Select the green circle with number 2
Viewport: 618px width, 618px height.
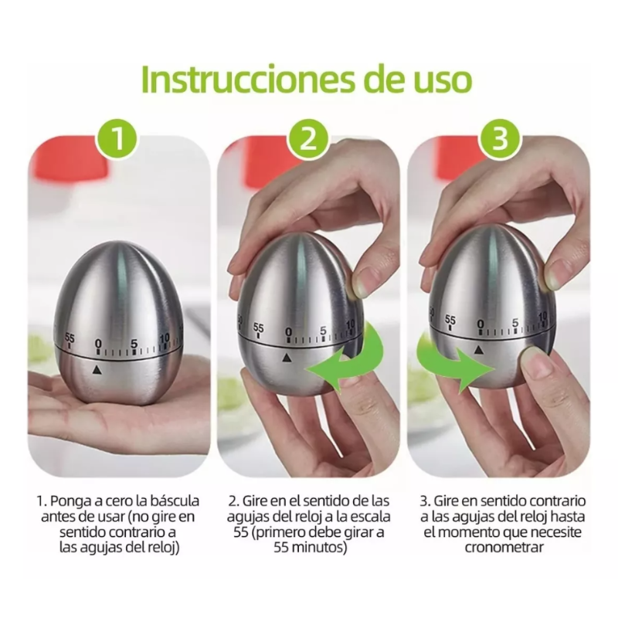coord(308,141)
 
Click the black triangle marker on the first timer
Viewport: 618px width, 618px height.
coord(97,371)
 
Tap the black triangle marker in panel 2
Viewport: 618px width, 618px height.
coord(287,358)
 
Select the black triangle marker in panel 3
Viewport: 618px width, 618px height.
coord(480,350)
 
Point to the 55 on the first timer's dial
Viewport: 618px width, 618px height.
coord(70,338)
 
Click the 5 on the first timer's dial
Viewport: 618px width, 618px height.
coord(134,344)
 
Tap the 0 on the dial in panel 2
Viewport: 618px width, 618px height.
coord(288,332)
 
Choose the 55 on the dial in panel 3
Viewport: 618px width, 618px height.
coord(450,319)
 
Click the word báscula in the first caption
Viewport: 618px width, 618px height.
coord(171,501)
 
